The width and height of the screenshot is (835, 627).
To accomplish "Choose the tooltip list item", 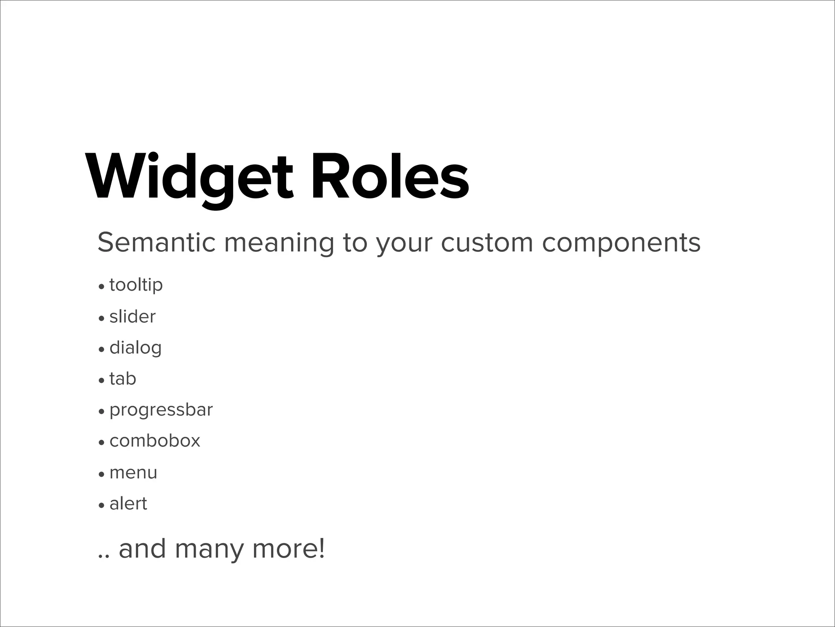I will [x=136, y=285].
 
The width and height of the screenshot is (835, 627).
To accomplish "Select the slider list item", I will [x=133, y=317].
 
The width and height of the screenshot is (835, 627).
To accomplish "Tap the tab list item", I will [x=123, y=379].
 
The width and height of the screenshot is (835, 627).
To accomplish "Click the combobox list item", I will [x=155, y=441].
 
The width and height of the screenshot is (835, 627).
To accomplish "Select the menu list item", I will [x=133, y=473].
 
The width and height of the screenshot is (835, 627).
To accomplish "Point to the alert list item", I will [x=128, y=504].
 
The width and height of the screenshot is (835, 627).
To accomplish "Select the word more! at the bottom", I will [x=289, y=549].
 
